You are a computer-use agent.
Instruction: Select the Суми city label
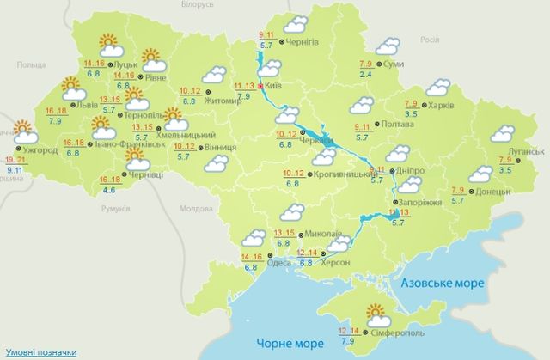(x=392, y=65)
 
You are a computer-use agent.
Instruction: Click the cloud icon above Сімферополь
(x=378, y=313)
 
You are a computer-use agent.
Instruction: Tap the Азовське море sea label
(x=442, y=283)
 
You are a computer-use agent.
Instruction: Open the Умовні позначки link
(x=40, y=352)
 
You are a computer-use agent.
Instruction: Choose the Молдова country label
(x=195, y=209)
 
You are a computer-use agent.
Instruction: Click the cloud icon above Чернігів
(x=296, y=23)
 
